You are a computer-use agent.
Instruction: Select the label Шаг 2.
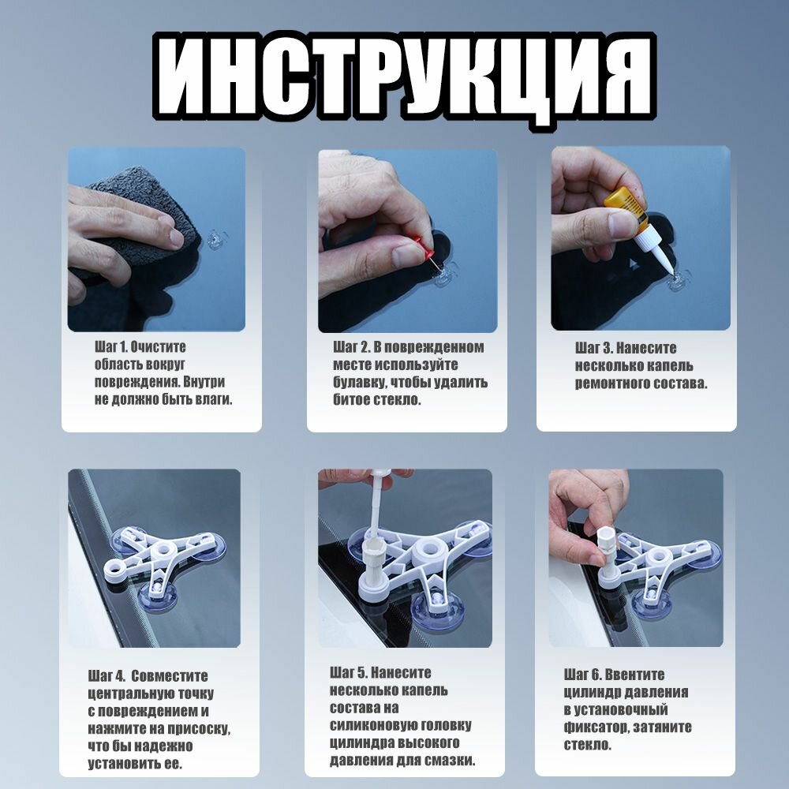coord(351,346)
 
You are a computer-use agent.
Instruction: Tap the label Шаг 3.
coord(594,348)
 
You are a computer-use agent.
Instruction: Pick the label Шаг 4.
coord(107,675)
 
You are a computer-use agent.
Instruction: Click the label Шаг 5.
coord(348,672)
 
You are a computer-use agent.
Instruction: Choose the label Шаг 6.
coord(582,675)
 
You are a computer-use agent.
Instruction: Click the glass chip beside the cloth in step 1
coord(216,240)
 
